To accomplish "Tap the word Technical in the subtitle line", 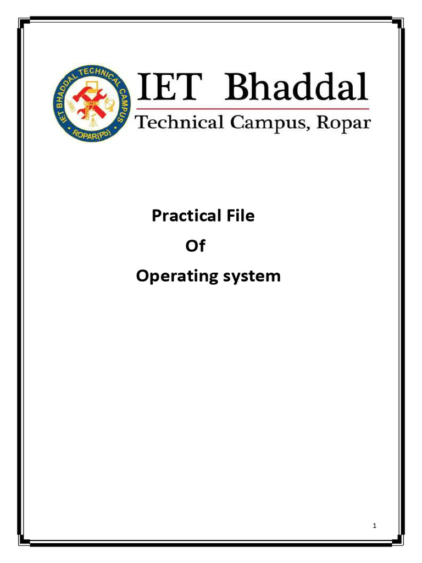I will (x=180, y=122).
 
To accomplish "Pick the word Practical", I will (x=184, y=216).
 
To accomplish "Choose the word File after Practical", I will (x=238, y=216).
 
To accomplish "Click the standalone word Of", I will (x=195, y=246).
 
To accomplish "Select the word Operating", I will (x=174, y=276).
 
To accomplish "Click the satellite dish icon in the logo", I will (x=110, y=104).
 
